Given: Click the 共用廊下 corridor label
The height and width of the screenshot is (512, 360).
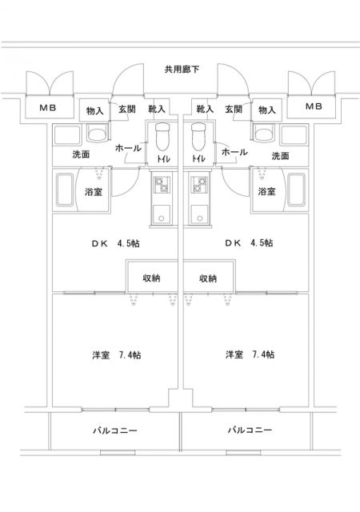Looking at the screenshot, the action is click(182, 70).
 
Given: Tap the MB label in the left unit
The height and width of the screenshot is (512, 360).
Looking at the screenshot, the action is click(48, 107).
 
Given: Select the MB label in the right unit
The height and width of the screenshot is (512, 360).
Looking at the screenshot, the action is click(314, 106).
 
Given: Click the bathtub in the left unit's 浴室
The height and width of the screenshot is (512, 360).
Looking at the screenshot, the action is click(66, 190).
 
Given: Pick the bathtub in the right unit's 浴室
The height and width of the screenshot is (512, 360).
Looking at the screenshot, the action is click(296, 190).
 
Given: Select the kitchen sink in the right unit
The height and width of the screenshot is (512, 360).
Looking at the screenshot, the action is click(199, 214).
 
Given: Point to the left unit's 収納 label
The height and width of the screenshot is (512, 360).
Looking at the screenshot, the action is click(151, 278).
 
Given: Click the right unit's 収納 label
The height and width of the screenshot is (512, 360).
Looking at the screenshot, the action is click(208, 278).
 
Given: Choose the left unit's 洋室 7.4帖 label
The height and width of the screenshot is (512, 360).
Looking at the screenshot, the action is click(117, 355).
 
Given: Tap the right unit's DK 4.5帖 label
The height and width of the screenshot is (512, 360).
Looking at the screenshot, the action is click(249, 243).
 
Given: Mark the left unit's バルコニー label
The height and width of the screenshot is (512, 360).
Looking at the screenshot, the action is click(115, 430).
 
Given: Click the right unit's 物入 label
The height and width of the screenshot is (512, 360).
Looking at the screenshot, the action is click(267, 110).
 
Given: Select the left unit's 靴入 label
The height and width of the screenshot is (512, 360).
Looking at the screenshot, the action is click(157, 109).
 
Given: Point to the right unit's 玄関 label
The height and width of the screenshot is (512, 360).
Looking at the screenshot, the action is click(234, 109).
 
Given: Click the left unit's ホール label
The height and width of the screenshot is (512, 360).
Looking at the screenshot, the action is click(128, 148).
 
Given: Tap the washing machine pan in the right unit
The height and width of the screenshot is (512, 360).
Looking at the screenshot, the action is click(294, 134).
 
